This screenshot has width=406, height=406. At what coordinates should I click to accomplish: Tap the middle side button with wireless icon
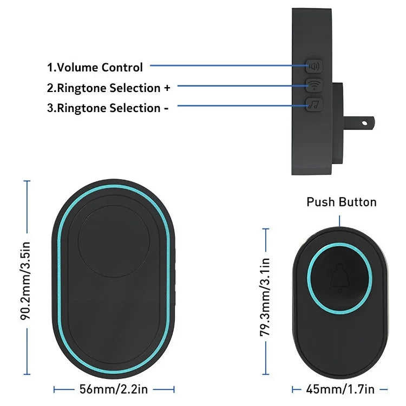point(313,86)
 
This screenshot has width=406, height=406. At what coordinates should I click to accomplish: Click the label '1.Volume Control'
point(95,68)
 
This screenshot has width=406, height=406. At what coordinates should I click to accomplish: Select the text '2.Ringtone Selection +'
point(108,88)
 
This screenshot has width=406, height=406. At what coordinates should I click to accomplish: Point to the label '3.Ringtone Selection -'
point(108,108)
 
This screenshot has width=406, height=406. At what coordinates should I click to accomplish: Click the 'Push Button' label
point(341,202)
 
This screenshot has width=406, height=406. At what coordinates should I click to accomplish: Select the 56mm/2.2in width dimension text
point(114,389)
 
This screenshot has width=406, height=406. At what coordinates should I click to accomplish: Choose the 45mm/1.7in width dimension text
point(340,389)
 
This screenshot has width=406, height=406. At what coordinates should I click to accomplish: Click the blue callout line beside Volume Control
point(227,66)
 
